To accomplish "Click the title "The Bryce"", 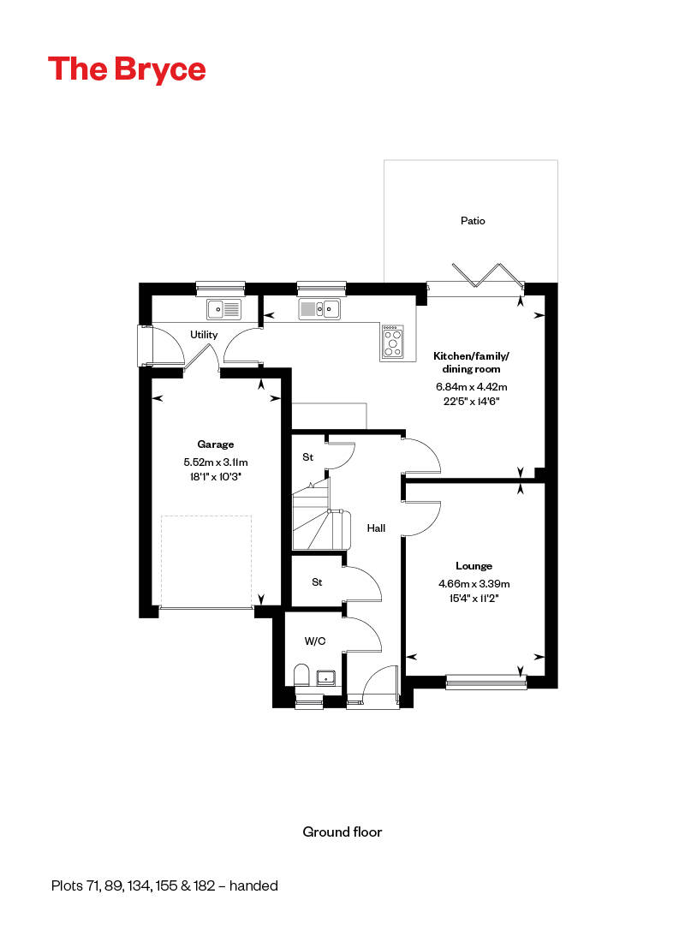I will point(127,69).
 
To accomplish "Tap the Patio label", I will point(472,221).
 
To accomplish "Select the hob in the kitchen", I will point(392,340).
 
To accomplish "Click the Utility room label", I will point(204,335).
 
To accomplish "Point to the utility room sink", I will point(223,307).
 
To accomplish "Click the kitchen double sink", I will point(320,308).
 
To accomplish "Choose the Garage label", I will point(216,444).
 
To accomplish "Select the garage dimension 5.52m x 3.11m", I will point(216,462).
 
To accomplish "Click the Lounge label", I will point(474,566).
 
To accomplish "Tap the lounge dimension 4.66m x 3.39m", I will point(474,584).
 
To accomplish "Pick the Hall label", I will point(376,528).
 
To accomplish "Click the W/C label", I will point(315,641).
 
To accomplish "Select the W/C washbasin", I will point(327,677).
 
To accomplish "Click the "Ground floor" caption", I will point(342,832).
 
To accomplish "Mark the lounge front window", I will point(485,682).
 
